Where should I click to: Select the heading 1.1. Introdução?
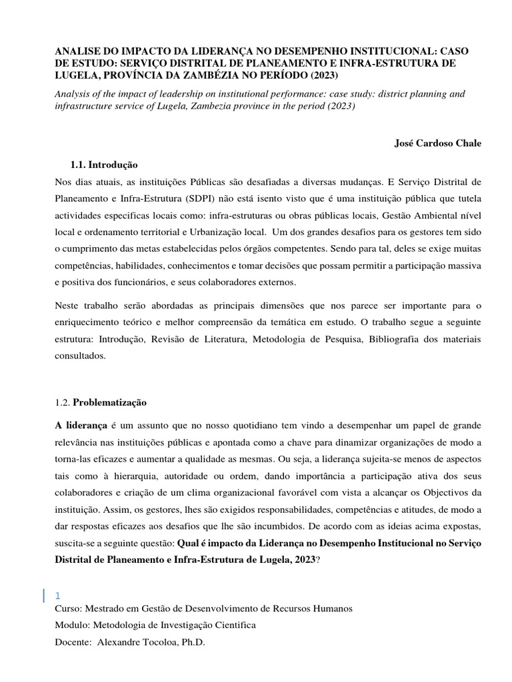point(104,165)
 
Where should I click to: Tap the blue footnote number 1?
point(58,596)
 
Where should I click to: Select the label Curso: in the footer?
point(67,609)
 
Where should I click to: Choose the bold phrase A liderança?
point(80,425)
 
